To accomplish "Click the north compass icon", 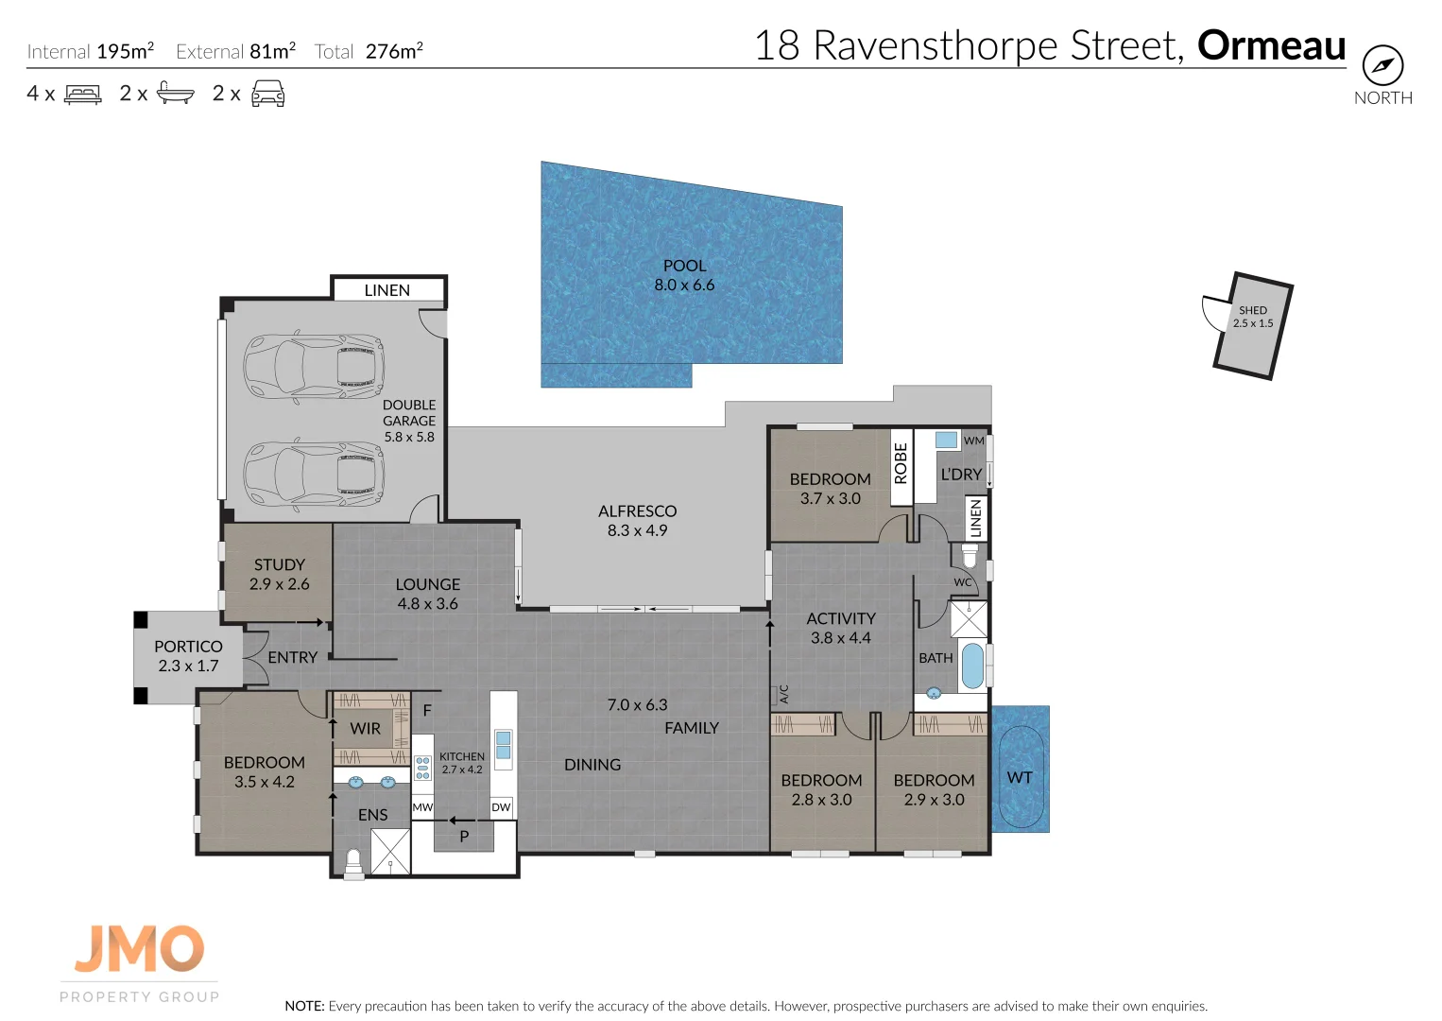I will tap(1382, 66).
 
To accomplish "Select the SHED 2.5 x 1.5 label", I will tap(1253, 317).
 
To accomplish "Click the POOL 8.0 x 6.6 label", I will tap(684, 275).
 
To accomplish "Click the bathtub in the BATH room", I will tap(972, 665).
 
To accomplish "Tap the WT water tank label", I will tap(1020, 777).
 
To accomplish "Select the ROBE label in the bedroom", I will tap(901, 463).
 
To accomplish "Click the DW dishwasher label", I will tap(501, 807).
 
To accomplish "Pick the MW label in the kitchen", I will tap(422, 807).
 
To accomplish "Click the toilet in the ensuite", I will tap(353, 862).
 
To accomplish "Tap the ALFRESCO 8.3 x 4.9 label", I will tap(637, 520).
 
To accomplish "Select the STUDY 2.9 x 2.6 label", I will tap(279, 574).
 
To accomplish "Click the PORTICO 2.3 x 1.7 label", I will tap(188, 656).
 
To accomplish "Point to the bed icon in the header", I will tap(83, 94).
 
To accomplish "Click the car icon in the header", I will tap(268, 94).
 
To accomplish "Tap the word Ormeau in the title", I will tap(1271, 45).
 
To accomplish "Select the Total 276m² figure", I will tap(369, 51).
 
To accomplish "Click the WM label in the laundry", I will tap(973, 441).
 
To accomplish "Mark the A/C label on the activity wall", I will tap(783, 694).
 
